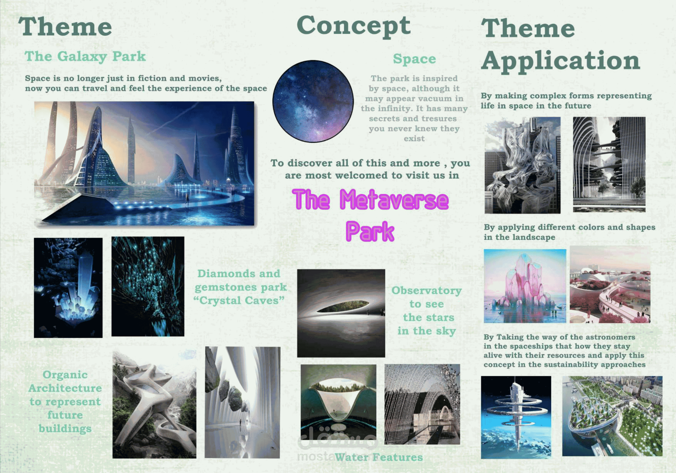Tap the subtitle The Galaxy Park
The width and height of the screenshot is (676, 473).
pos(85,56)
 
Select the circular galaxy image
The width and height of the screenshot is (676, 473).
pos(313,101)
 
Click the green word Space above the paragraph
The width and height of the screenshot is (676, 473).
pos(414,59)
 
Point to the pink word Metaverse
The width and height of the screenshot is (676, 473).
pos(394,200)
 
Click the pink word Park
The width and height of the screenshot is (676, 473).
pos(370,232)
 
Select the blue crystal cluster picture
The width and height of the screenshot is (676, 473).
pos(68,287)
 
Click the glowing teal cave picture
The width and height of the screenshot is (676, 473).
pos(148,286)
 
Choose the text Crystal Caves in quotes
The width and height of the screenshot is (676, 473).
pos(239,300)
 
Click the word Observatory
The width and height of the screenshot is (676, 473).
pos(426,291)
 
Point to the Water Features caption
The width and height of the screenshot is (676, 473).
pos(379,457)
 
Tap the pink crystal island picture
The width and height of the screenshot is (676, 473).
pos(525,286)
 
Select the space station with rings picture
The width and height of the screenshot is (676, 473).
pos(516,417)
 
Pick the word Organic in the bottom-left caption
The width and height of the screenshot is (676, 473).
pos(65,375)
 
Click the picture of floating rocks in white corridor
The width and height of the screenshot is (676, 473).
pos(242,402)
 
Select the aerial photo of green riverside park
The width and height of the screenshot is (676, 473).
pos(612,416)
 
